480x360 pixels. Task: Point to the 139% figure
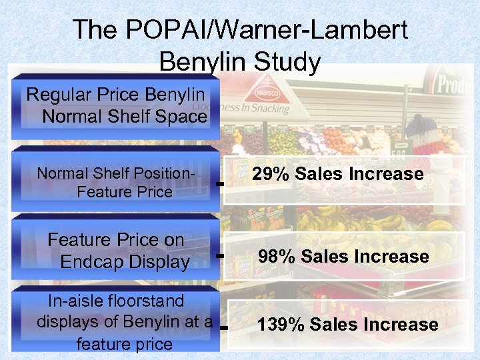pyautogui.click(x=281, y=325)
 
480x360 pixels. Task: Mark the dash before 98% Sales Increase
pyautogui.click(x=219, y=255)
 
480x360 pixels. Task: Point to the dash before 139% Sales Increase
pyautogui.click(x=223, y=328)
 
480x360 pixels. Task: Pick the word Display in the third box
pyautogui.click(x=160, y=262)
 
